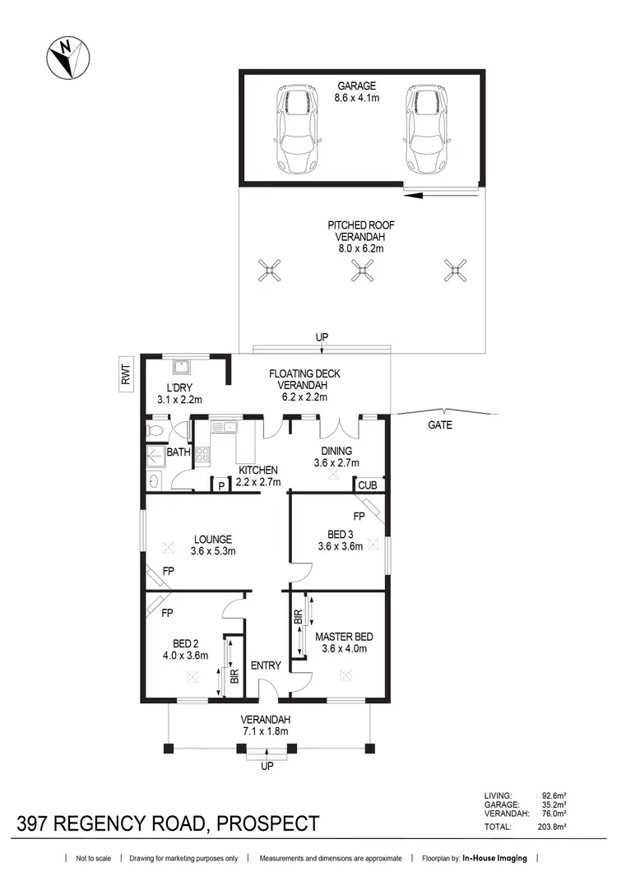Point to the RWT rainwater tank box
coord(126,377)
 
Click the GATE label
coord(439,425)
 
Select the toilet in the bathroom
coord(157,431)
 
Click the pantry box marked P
coord(220,485)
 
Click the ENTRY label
coord(267,665)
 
